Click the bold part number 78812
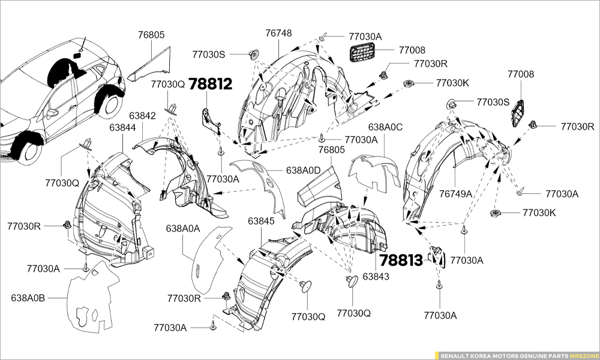coord(210,84)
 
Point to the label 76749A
coord(455,193)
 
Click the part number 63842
coord(141,116)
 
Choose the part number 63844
coord(122,128)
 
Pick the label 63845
coord(261,221)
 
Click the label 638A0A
coord(183,228)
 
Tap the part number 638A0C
coord(385,127)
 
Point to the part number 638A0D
coord(304,170)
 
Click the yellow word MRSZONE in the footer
coord(584,355)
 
